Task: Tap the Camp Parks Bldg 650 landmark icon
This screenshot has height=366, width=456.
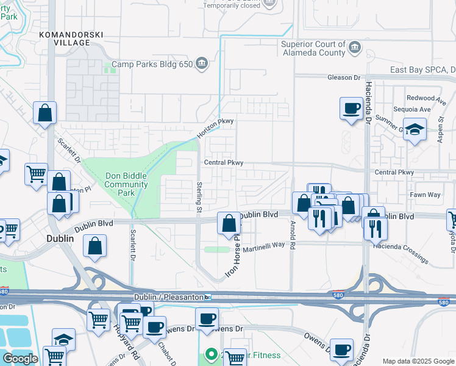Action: [202, 63]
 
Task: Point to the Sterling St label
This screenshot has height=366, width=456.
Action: [199, 196]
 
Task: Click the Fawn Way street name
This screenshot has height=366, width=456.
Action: [426, 195]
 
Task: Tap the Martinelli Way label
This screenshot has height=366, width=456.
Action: [263, 245]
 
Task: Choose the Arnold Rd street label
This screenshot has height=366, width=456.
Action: [292, 236]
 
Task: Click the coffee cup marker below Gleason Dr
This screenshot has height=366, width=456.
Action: [351, 109]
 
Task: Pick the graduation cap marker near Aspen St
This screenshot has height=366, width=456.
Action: [415, 129]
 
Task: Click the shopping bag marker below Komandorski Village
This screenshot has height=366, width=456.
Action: [45, 113]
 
